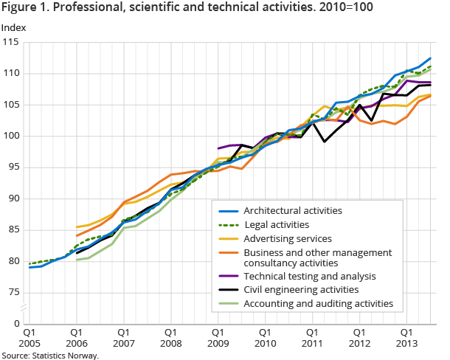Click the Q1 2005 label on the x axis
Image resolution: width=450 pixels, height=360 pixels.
[30, 338]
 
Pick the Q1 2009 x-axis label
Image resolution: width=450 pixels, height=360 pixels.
[218, 338]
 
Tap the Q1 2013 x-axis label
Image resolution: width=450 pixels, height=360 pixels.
[406, 338]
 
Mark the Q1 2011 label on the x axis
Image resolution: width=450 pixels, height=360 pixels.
[312, 338]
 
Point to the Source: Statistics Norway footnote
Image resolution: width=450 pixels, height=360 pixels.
[49, 355]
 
